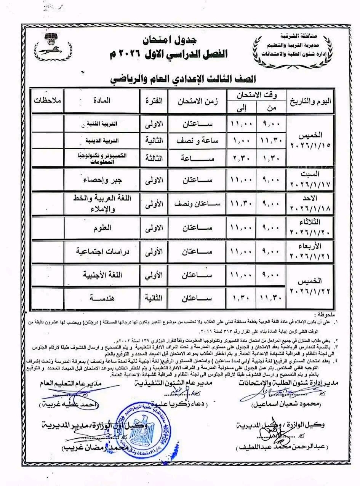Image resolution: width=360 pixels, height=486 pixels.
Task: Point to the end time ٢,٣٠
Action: [x=240, y=157]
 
